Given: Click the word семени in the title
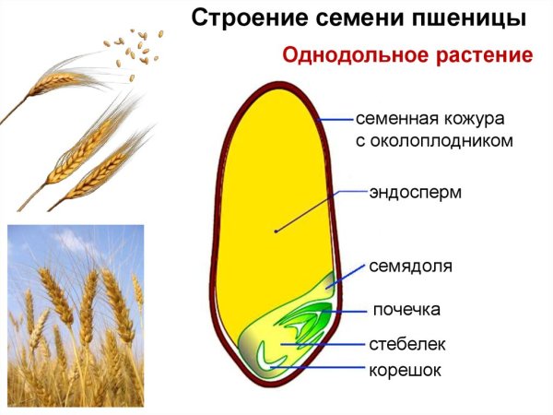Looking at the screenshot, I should click(351, 18).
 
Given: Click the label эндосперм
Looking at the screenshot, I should click(415, 193).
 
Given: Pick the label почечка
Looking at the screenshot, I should click(406, 308).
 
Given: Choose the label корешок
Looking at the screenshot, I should click(406, 371).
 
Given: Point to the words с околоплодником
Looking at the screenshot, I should click(434, 141).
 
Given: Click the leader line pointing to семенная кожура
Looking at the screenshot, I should click(335, 119).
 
